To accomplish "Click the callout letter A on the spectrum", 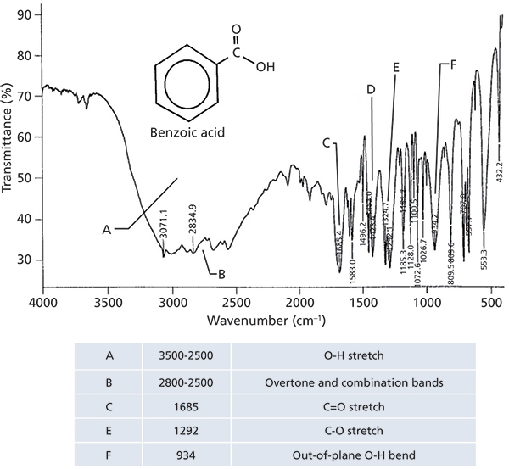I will tap(107, 229).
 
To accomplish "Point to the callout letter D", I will tap(371, 89).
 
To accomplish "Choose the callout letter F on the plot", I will tap(453, 64).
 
